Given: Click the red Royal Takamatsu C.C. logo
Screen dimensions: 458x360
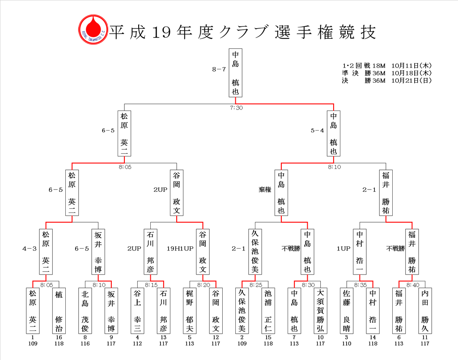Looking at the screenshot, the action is point(93,30).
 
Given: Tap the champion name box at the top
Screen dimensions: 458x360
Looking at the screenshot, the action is point(235,73).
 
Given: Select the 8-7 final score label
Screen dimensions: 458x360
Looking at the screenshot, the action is point(219,69).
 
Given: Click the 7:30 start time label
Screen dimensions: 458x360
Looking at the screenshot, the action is point(236,108).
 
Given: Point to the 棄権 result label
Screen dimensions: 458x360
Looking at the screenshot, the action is point(265,190).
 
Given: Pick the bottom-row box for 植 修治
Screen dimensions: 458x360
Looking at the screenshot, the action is point(59,311).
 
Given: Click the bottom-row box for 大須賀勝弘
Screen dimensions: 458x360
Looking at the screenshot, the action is point(320,311).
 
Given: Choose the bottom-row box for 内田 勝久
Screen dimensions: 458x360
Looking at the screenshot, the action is point(425,311).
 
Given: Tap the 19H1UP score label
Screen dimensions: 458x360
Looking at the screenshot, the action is point(180,249).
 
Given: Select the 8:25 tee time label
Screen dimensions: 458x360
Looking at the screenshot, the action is point(255,285).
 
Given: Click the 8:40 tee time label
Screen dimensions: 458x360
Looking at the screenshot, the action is point(412,285).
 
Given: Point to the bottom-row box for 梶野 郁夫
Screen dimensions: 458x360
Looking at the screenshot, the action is point(190,311).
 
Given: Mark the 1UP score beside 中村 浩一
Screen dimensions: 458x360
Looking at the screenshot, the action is point(343,249).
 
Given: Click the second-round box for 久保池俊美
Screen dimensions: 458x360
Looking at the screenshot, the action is point(255,252).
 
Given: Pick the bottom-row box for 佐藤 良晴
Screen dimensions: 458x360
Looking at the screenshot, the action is point(347,311).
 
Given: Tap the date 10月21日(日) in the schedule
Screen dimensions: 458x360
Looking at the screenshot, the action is point(411,80).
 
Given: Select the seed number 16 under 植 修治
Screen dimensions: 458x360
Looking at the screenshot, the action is point(59,337).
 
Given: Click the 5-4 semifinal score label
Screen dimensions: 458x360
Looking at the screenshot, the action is point(317,131).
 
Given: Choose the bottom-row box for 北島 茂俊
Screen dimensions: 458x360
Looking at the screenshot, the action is point(85,311).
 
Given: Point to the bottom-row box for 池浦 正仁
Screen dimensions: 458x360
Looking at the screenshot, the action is point(268,311).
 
